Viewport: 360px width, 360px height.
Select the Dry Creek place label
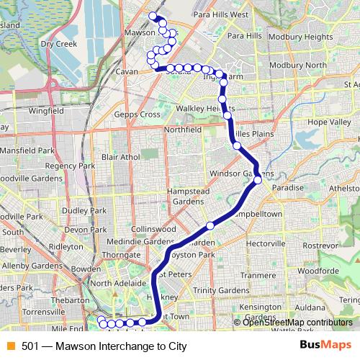coord(58,43)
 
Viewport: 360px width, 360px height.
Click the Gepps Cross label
coord(140,114)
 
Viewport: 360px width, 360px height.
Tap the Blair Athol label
coord(121,156)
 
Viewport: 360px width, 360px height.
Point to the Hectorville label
coord(266,245)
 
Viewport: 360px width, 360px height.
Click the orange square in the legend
coord(10,346)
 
